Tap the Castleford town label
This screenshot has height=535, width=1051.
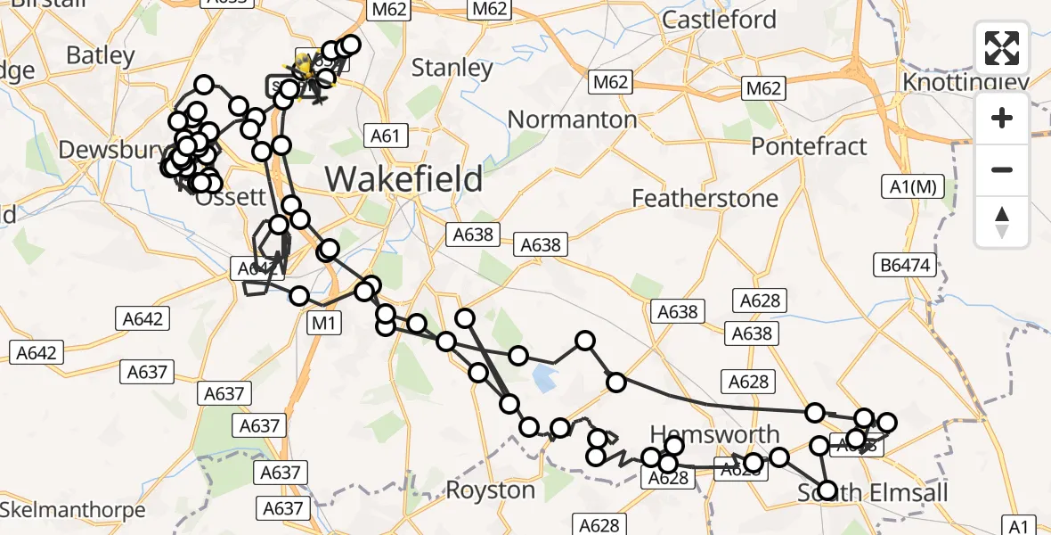[x=720, y=20]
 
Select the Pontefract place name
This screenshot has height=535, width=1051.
[x=809, y=146]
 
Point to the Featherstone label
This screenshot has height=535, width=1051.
[x=705, y=198]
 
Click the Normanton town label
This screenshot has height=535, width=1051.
[x=572, y=119]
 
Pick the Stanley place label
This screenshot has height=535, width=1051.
[x=452, y=69]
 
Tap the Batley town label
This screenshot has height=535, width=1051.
[x=101, y=55]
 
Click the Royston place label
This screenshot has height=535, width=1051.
[x=490, y=490]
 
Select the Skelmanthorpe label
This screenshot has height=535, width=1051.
[x=73, y=511]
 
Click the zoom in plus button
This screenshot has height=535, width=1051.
[x=1002, y=118]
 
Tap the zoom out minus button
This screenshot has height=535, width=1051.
[x=1002, y=169]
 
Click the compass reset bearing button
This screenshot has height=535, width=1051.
[x=1002, y=222]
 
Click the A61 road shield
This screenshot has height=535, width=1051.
[x=386, y=136]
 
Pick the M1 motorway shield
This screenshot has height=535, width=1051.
[x=322, y=324]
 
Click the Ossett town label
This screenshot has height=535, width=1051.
[x=236, y=197]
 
